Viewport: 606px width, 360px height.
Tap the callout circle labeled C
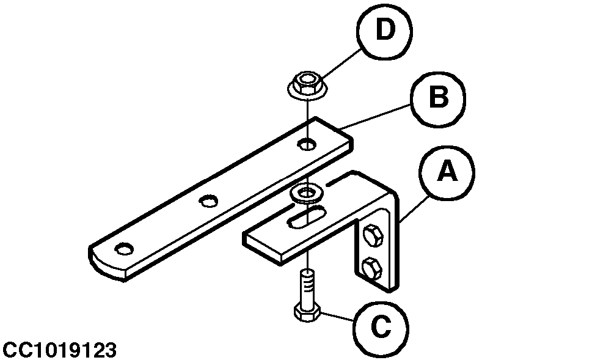coord(380,328)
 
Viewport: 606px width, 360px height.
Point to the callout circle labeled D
coord(384,30)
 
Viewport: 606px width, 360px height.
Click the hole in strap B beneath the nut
coord(307,145)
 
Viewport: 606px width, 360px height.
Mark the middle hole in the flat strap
coord(209,200)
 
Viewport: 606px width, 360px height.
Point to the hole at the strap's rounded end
coord(124,249)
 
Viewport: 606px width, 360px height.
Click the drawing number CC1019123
coord(59,350)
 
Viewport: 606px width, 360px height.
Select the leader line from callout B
coord(378,116)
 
